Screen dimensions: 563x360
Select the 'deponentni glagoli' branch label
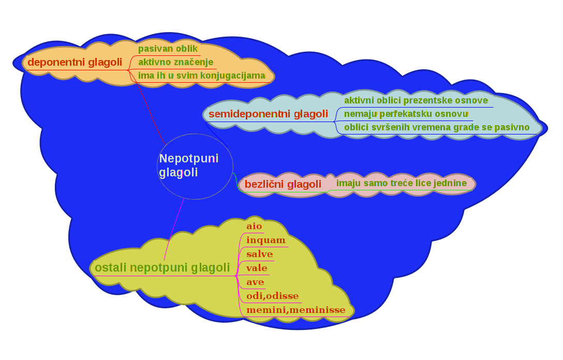pos(75,62)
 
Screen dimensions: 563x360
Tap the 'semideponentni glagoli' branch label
pos(268,114)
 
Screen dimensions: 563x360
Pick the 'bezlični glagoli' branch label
pos(283,184)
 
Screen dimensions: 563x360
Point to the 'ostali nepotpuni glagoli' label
pos(162,267)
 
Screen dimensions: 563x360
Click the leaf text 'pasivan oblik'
pos(168,49)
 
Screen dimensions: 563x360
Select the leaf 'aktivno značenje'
pos(176,62)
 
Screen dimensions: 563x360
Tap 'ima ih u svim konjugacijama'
pos(202,76)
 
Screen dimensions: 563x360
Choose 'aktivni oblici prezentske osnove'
pos(416,100)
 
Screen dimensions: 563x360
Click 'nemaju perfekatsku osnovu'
pos(406,114)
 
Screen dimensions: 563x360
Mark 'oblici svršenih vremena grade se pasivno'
pos(437,127)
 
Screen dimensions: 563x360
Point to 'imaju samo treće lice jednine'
pos(402,183)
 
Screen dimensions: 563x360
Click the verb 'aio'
pos(254,227)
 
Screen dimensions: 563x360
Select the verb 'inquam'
pos(266,240)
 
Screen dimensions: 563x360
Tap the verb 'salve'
pos(260,254)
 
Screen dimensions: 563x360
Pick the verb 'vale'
pos(257,268)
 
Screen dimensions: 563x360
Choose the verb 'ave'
pos(255,282)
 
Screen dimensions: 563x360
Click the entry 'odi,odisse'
pos(273,296)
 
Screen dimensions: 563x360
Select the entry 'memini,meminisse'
pos(296,310)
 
